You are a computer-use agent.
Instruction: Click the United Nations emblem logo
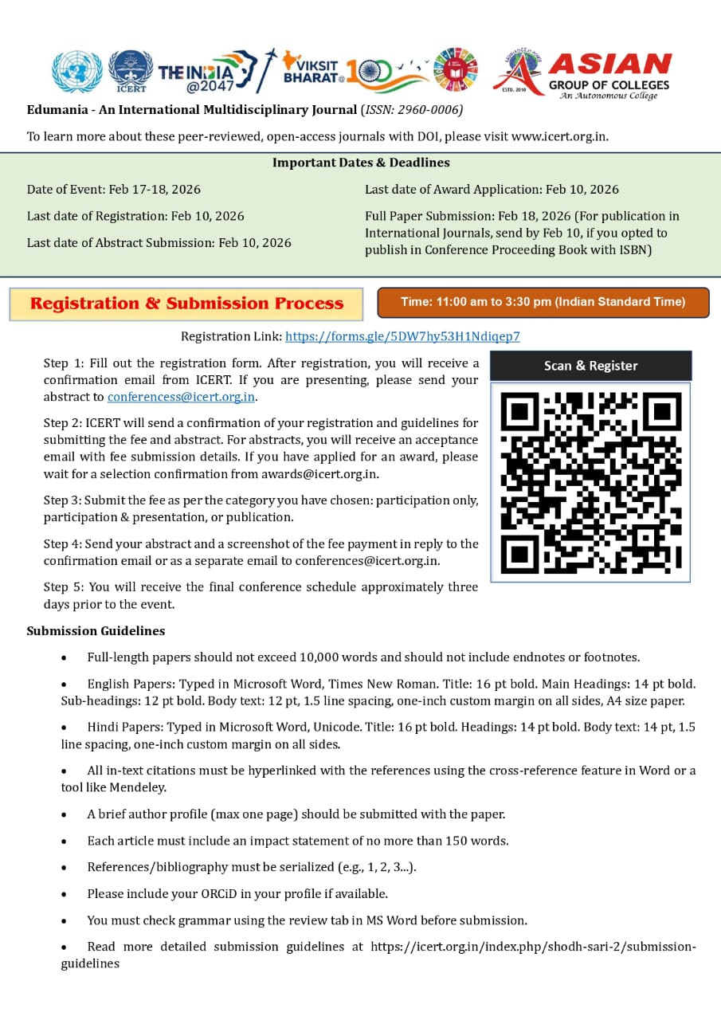point(77,72)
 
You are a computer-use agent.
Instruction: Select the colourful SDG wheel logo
point(455,70)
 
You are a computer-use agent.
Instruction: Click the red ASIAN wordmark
point(609,64)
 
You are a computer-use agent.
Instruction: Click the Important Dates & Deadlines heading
point(361,163)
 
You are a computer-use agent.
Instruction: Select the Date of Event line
point(114,190)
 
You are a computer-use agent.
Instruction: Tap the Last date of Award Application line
point(492,190)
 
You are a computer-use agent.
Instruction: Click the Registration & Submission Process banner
point(186,304)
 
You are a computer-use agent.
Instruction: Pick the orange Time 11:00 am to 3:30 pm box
point(543,302)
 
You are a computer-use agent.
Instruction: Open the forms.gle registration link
point(402,336)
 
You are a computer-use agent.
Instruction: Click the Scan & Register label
point(590,366)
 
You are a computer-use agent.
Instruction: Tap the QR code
point(590,482)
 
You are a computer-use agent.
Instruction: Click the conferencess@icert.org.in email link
point(181,397)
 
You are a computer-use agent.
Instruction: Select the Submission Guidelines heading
point(96,631)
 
